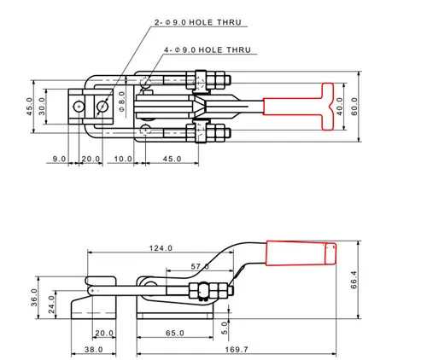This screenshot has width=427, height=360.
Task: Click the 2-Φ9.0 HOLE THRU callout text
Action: pyautogui.click(x=198, y=22)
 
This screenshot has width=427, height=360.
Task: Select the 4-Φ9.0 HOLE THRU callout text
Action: pyautogui.click(x=208, y=49)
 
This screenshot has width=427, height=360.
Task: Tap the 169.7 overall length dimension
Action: pyautogui.click(x=237, y=349)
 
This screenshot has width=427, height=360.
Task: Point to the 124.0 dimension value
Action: pyautogui.click(x=161, y=248)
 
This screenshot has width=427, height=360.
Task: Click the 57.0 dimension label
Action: pyautogui.click(x=200, y=266)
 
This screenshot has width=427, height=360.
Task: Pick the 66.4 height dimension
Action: pyautogui.click(x=354, y=280)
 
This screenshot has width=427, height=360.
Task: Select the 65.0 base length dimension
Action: pyautogui.click(x=175, y=333)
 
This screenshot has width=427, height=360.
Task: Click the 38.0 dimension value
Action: pyautogui.click(x=94, y=349)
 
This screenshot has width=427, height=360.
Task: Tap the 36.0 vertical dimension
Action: pyautogui.click(x=34, y=297)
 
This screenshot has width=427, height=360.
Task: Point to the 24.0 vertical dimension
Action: pyautogui.click(x=51, y=305)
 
